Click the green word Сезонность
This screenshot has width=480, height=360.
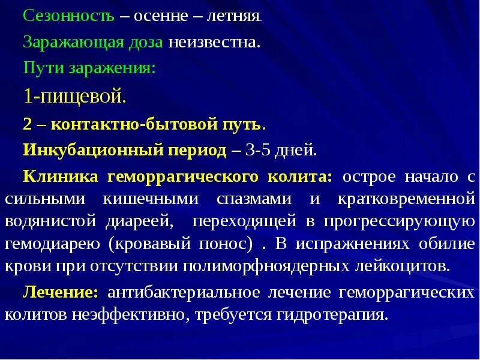coord(68,16)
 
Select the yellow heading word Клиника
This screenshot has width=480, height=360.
coord(61,178)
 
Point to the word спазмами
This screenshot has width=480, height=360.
coord(266,199)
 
